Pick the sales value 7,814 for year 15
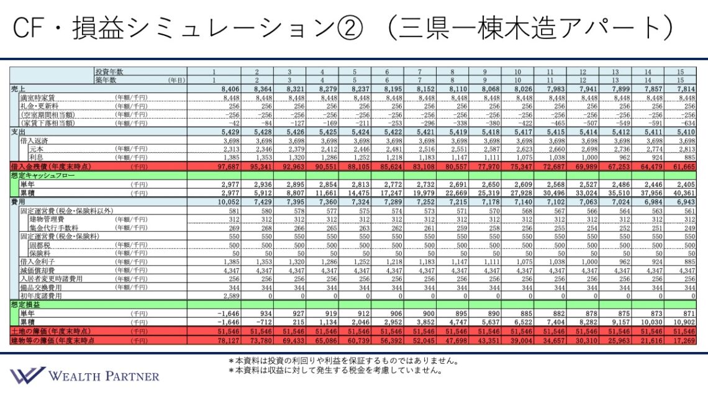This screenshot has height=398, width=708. (683, 89)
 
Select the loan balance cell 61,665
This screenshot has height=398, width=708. (683, 167)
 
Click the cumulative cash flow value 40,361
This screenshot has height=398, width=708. (683, 192)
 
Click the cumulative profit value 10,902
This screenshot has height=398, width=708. (683, 323)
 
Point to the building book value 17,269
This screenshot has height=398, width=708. (683, 340)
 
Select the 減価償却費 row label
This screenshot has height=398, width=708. (37, 271)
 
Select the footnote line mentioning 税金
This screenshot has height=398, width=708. (335, 371)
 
